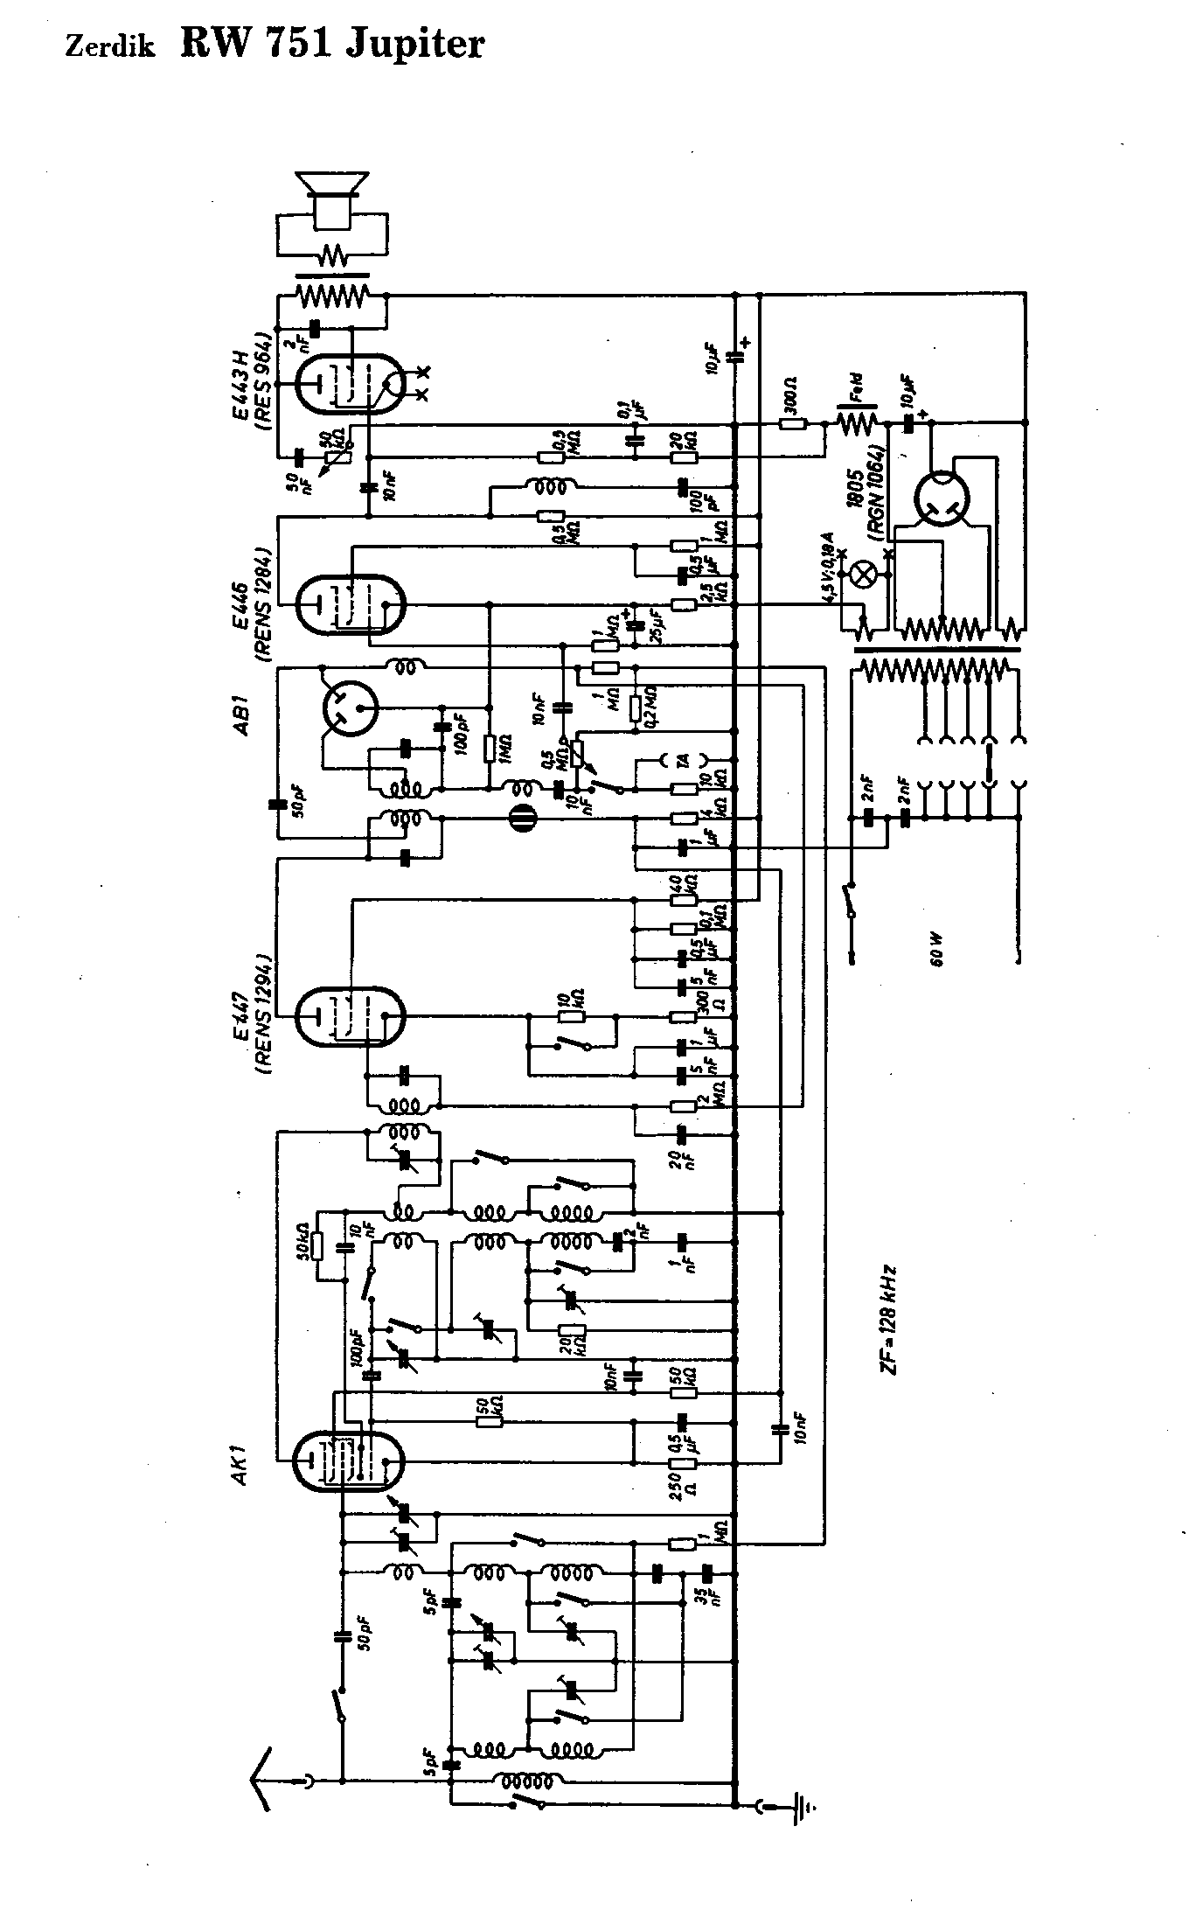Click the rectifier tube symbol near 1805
(x=943, y=502)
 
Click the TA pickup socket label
(x=685, y=760)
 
